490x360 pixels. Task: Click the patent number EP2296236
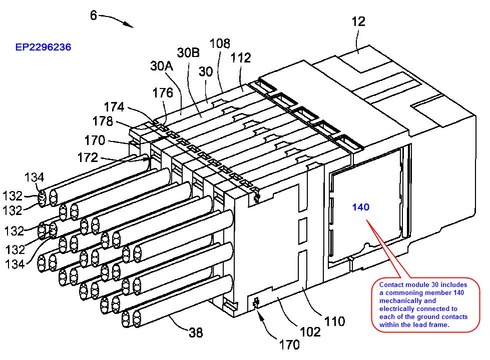click(x=43, y=47)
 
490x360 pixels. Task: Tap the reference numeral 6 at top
click(x=94, y=15)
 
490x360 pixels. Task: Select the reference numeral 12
click(x=358, y=21)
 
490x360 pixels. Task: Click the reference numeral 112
click(x=241, y=58)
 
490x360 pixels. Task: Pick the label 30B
click(x=188, y=52)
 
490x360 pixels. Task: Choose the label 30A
click(x=162, y=66)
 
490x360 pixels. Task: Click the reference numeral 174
click(x=114, y=106)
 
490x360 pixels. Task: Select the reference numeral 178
click(x=103, y=121)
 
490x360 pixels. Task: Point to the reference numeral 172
click(x=88, y=158)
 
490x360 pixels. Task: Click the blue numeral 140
click(x=360, y=207)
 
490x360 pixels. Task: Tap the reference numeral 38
click(x=196, y=331)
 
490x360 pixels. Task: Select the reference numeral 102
click(x=310, y=331)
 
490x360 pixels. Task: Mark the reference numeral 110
click(x=334, y=320)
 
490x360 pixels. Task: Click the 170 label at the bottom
click(x=289, y=344)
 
